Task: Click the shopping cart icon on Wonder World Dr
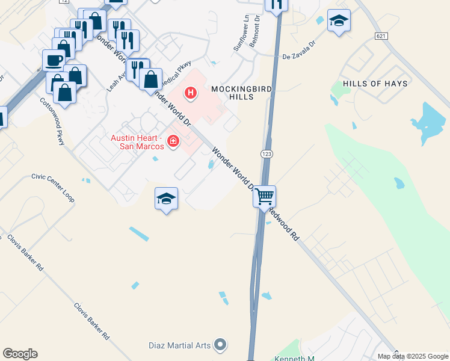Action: pos(265,196)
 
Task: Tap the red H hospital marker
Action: pos(191,93)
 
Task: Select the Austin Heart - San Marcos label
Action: pos(138,142)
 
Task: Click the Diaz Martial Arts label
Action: pos(180,345)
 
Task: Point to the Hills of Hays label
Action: pos(375,84)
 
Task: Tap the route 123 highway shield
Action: pos(266,155)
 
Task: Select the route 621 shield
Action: pos(380,36)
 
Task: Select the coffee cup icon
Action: pos(54,60)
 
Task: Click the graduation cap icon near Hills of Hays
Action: pos(339,21)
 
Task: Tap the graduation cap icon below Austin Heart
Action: pos(167,199)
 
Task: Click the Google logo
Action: pos(20,354)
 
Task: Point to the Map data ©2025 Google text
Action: pos(412,356)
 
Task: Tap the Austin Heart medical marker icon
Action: pos(174,141)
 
